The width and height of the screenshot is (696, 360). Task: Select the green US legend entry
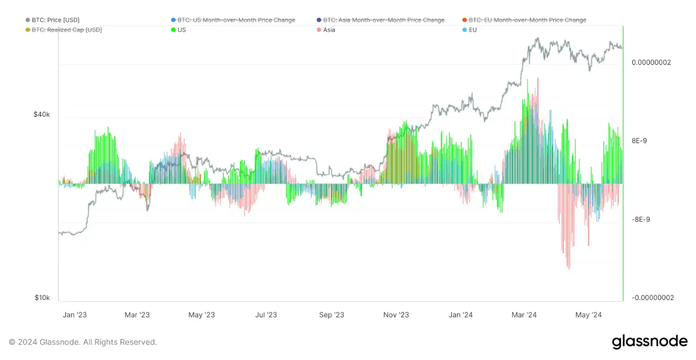(181, 30)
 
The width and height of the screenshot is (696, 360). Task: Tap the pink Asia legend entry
(329, 30)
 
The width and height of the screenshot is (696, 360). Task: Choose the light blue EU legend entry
(472, 30)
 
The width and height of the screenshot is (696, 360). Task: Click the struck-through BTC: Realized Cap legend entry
(66, 30)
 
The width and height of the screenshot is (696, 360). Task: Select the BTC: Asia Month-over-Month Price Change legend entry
(383, 20)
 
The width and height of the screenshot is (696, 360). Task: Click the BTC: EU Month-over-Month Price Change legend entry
(527, 20)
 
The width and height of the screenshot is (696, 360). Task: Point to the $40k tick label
(42, 114)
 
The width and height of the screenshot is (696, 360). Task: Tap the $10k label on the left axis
(42, 298)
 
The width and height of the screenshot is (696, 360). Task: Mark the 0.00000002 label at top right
(651, 62)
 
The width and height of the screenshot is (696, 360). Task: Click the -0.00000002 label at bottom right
(652, 298)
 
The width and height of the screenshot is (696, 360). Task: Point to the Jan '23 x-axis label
(75, 315)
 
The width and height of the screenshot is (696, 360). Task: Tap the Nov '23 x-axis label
(396, 315)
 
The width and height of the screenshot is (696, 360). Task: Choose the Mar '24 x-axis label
(524, 315)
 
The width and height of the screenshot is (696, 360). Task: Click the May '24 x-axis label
(589, 315)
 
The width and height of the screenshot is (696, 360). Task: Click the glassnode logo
(649, 342)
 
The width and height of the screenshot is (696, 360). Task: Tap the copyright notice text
(83, 342)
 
